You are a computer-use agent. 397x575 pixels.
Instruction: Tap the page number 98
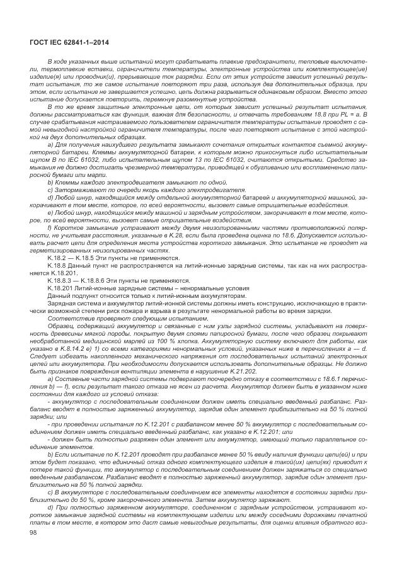tap(34, 532)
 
